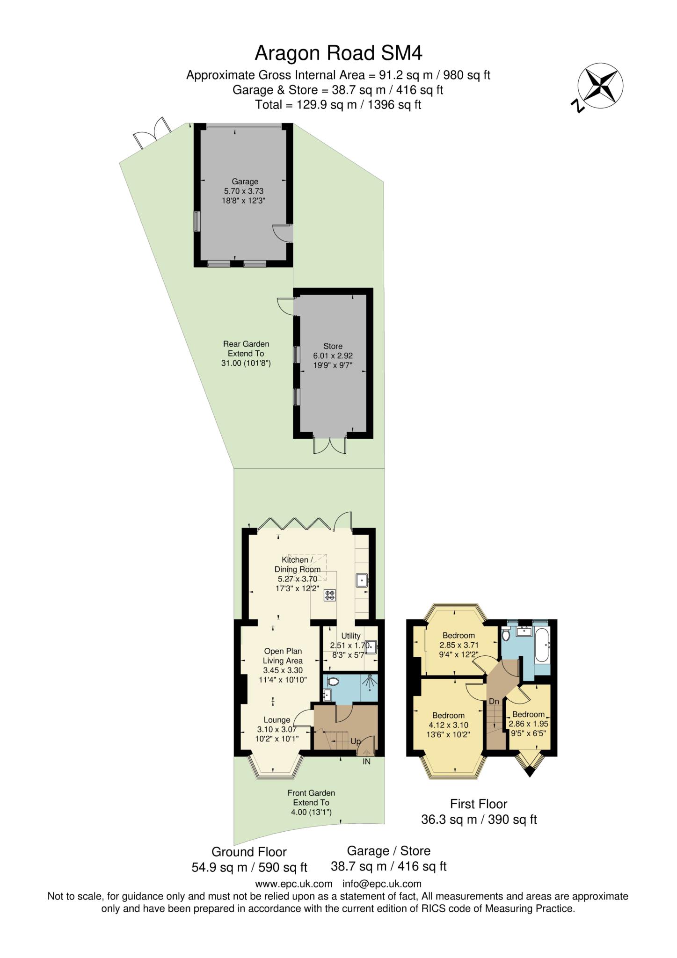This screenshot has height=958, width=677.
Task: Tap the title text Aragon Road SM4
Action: [338, 53]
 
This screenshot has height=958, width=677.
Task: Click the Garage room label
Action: [245, 181]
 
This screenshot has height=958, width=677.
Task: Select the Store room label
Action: [333, 346]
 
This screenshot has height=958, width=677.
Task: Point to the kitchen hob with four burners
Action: [329, 595]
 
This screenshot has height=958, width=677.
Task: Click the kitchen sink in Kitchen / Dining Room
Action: [362, 581]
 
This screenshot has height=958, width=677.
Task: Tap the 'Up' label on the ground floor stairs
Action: [356, 742]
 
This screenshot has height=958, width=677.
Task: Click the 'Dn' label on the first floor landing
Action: [494, 701]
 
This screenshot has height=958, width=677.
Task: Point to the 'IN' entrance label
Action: [366, 762]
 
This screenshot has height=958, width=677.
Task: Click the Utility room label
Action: [351, 636]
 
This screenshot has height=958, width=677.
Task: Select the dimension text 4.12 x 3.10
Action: [448, 725]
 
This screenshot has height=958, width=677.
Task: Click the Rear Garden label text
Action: [246, 344]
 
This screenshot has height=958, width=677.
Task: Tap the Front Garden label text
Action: [311, 793]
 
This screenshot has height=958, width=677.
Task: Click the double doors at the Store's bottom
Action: [330, 446]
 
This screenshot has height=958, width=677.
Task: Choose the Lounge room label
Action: [277, 720]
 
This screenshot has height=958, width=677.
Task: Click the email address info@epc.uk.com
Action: [382, 884]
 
